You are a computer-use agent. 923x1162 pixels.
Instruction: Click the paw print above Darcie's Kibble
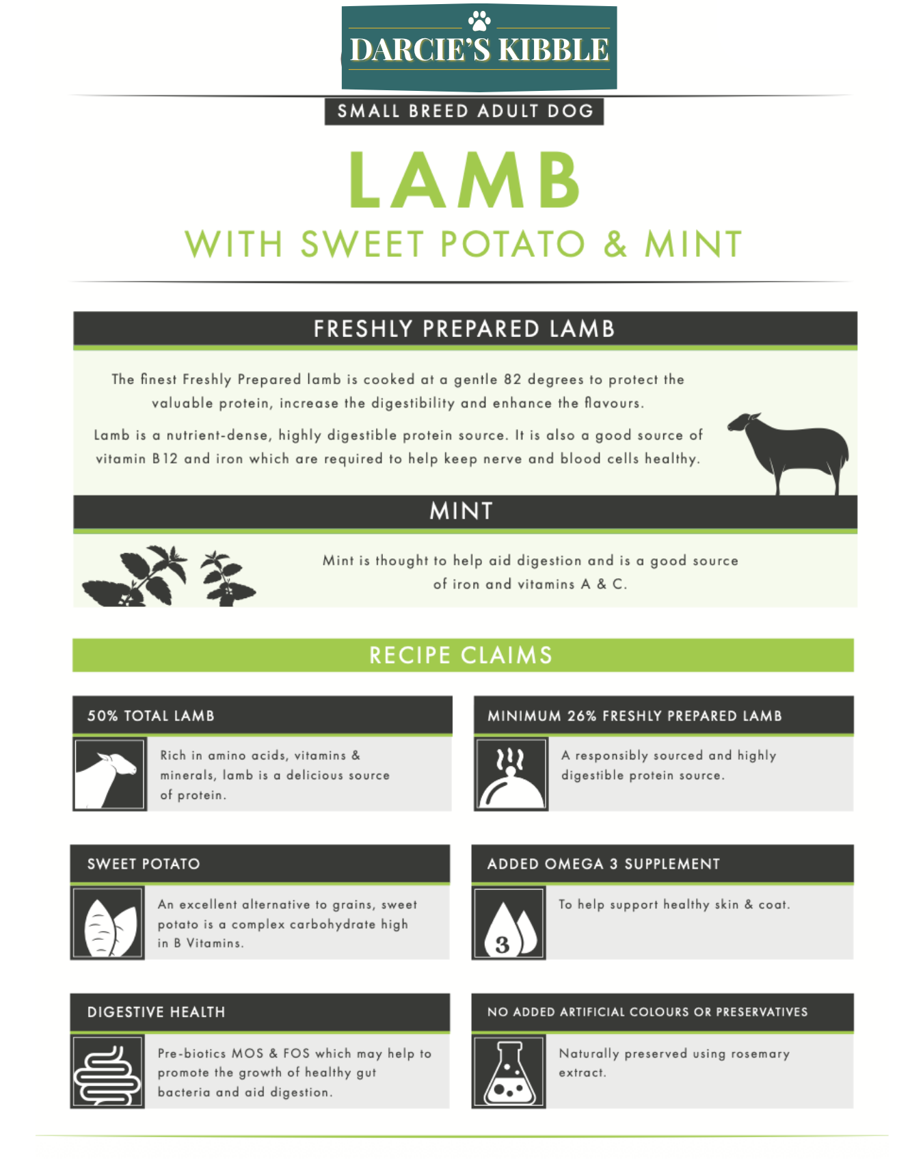tap(479, 21)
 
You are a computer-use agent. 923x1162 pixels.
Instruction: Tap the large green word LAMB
tap(465, 180)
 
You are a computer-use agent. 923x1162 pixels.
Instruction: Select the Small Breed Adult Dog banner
tap(464, 111)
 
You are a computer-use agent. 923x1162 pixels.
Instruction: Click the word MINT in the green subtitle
tap(693, 244)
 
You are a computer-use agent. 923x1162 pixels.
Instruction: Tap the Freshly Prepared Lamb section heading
tap(464, 329)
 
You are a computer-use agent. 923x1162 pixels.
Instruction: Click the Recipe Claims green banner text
tap(461, 656)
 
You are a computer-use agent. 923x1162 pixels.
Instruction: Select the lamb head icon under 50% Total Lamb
tap(109, 774)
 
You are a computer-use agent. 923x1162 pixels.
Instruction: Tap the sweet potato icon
tap(107, 923)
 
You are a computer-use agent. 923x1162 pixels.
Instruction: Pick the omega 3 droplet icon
tap(509, 923)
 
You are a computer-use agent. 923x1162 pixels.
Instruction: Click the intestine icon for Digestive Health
tap(107, 1072)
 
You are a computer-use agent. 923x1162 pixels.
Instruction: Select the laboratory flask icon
tap(509, 1072)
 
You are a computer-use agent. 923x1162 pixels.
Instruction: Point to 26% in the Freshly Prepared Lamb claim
tap(582, 716)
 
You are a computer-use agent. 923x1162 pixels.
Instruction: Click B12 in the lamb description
tap(165, 459)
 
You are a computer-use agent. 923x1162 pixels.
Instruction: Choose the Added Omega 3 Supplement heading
tap(604, 864)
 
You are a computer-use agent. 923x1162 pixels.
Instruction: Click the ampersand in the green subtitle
tap(615, 244)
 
